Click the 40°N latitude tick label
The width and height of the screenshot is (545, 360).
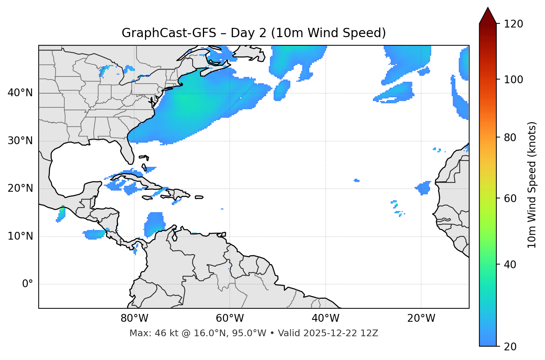coord(20,93)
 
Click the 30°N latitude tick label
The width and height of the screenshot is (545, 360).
coord(20,141)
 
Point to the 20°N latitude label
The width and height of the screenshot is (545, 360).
coord(20,188)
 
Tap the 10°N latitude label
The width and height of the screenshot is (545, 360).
coord(20,236)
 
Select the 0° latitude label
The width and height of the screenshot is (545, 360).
coord(28,284)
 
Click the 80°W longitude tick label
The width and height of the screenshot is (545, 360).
coord(134,318)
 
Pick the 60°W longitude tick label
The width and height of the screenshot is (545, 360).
coord(230,318)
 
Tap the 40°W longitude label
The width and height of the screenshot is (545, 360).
coord(325,318)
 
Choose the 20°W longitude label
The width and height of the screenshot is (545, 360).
coord(421,318)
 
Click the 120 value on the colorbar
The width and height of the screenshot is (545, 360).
coord(513,24)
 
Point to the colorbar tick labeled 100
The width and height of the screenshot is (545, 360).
coord(513,80)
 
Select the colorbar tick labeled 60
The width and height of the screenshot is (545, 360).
coord(511,198)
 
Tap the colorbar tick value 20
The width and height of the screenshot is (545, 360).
coord(511,347)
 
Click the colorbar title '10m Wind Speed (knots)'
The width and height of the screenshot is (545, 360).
coord(532,185)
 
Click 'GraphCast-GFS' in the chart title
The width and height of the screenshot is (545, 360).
coord(169,33)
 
